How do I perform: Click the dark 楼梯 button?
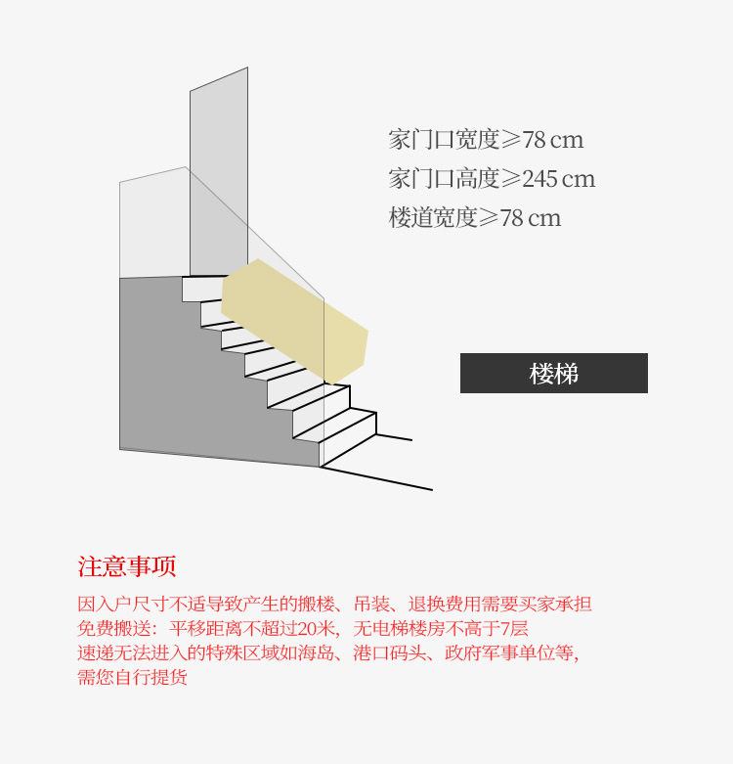(553, 373)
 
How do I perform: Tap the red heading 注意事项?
(127, 566)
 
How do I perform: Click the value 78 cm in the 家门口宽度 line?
(553, 140)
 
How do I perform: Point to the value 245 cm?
(558, 179)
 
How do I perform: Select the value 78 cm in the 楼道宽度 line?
(531, 218)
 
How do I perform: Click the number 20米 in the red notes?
(318, 628)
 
